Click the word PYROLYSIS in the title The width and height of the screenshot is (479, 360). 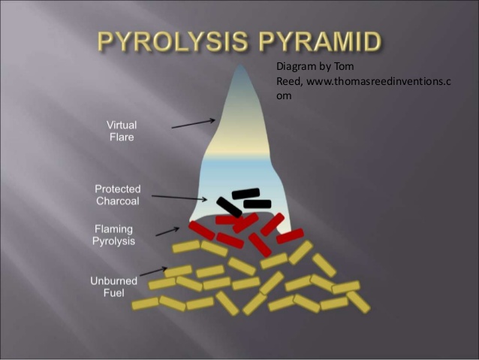click(173, 41)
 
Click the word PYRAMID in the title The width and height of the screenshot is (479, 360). click(321, 41)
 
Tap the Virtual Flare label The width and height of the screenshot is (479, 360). click(122, 131)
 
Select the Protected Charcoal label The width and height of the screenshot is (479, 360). click(118, 195)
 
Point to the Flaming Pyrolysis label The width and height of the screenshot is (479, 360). click(113, 235)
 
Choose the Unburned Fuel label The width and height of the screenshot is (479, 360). click(113, 287)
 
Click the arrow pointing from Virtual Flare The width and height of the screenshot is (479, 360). click(194, 124)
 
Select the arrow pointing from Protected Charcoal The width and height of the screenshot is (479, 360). click(179, 198)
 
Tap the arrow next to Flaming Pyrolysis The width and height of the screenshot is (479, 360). click(167, 231)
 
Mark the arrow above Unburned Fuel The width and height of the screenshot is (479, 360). click(154, 271)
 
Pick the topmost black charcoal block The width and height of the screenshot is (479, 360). click(246, 193)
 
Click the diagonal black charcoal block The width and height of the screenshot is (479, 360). click(229, 207)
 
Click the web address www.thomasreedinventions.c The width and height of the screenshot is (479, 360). click(378, 81)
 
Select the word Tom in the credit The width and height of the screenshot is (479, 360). click(344, 66)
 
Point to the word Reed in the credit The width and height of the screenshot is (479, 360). click(289, 81)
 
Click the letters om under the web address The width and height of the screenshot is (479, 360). click(284, 96)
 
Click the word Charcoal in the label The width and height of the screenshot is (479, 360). click(118, 201)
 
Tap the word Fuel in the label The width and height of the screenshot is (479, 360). click(113, 293)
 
